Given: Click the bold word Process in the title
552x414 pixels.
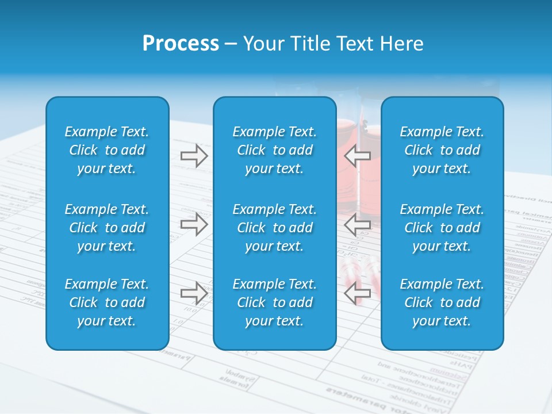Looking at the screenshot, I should point(181,44).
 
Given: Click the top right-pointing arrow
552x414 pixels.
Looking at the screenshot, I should point(194,156).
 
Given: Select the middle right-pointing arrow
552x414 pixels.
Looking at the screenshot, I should point(194,224).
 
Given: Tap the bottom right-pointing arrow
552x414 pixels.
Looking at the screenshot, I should point(194,293).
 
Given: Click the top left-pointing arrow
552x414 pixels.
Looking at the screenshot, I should point(357,156).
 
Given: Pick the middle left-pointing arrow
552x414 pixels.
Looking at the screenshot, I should point(357,224).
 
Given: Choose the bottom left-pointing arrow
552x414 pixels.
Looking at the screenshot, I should point(357,293).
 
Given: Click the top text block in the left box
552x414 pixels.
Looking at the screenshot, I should point(107,150).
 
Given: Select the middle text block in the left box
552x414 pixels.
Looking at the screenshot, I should point(107,228).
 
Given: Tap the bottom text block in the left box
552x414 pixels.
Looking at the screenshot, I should point(107,302).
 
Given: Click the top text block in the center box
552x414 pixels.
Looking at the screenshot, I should point(274,150).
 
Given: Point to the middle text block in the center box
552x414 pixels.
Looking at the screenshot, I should point(274,228).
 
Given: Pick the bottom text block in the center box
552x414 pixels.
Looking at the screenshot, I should point(274,302).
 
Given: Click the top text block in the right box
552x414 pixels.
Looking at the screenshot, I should point(442,150).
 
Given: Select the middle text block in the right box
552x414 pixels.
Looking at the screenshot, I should point(442,228).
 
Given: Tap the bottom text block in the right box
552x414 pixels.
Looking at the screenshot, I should point(442,302).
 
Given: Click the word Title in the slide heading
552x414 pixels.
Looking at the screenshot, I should point(310,44).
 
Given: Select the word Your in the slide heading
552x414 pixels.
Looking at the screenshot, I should point(263,44).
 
